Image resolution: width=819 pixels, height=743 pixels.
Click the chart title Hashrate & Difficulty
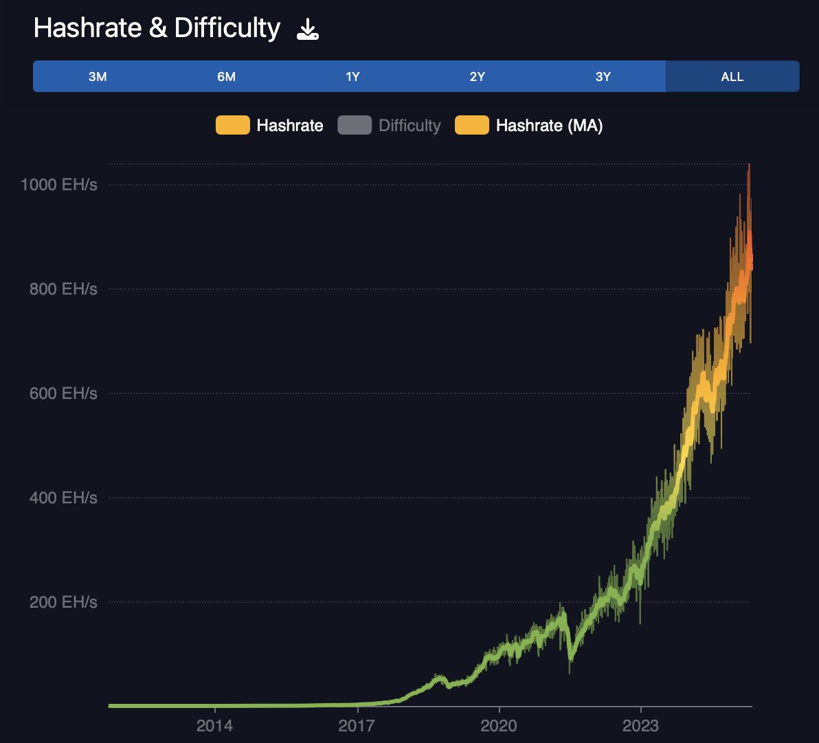[157, 29]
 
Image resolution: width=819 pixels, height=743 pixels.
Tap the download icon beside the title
[307, 30]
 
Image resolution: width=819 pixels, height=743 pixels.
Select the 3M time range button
[98, 76]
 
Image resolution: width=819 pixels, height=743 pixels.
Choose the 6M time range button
[226, 76]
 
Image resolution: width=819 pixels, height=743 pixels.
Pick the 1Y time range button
[352, 76]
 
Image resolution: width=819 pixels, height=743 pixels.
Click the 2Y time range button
[478, 76]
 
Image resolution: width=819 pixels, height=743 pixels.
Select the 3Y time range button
[603, 76]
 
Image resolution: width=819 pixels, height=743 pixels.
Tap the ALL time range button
[732, 76]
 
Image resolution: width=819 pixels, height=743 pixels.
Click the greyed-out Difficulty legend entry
[410, 126]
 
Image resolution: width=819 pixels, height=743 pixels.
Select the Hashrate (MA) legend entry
[549, 126]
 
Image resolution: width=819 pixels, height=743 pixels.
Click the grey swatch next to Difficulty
[355, 126]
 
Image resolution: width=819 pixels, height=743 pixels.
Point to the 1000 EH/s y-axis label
[58, 184]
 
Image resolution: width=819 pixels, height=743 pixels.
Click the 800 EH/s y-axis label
[63, 289]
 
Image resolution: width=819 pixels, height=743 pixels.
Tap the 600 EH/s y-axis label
[63, 393]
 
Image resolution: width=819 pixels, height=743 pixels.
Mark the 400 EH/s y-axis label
[63, 498]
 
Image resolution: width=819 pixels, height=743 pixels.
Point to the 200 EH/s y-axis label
[63, 602]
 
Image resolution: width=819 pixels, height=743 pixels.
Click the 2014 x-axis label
[215, 725]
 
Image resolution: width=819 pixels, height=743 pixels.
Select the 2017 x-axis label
[357, 725]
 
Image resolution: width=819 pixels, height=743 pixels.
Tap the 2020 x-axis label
[499, 725]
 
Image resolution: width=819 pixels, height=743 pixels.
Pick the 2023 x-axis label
[640, 725]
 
